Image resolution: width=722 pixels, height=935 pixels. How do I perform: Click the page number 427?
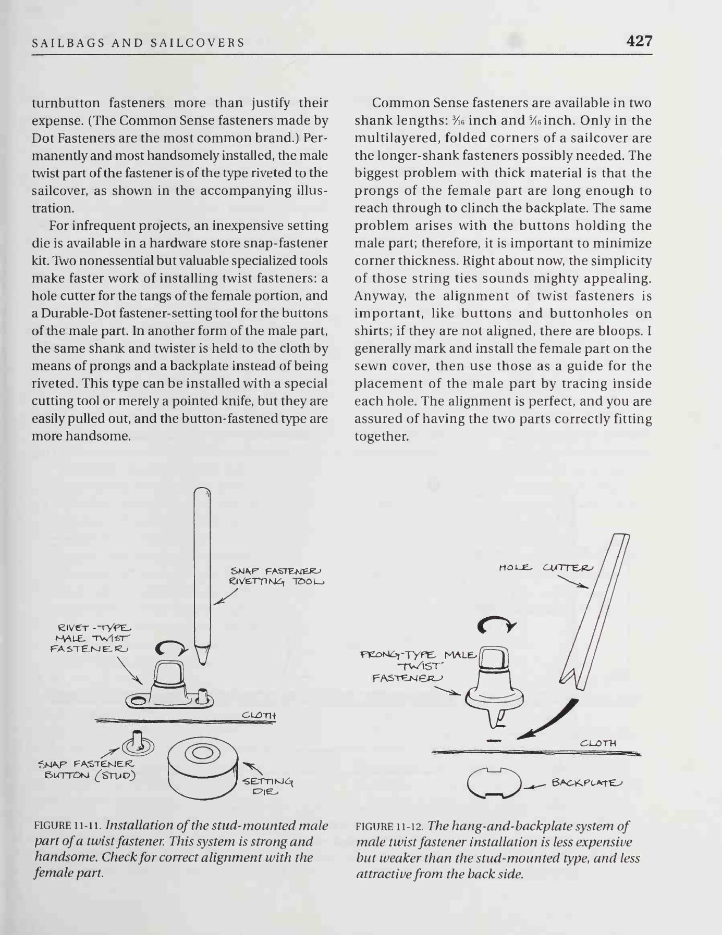(x=639, y=41)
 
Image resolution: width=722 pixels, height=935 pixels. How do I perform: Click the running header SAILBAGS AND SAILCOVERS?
(x=138, y=43)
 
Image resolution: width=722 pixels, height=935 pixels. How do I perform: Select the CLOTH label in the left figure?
(x=259, y=715)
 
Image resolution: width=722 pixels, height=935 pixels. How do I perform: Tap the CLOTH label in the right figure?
(x=598, y=743)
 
